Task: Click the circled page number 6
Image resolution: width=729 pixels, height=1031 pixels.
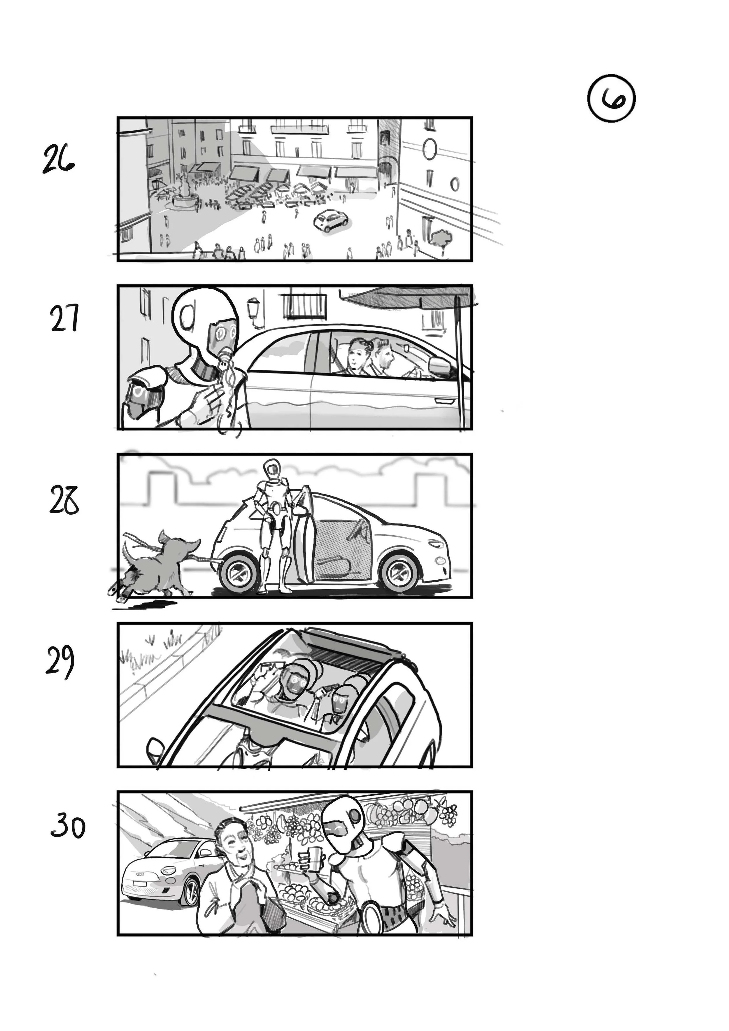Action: tap(611, 100)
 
